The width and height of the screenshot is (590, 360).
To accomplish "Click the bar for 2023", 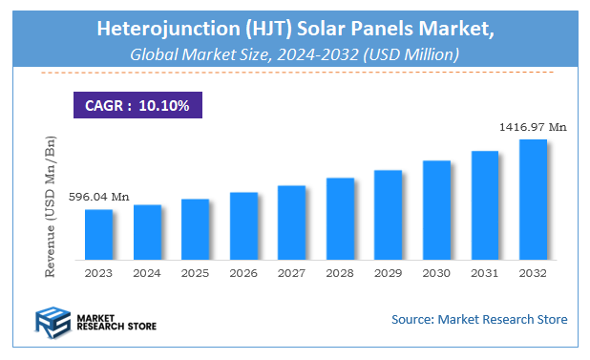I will (98, 234).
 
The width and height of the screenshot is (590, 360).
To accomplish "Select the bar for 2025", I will (195, 229).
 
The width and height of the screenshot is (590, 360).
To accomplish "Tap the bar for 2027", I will (291, 222).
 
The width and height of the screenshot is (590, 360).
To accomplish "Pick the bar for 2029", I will (388, 215).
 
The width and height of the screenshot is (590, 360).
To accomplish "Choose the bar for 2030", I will (436, 210).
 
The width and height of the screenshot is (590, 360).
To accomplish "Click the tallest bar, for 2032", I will (533, 200).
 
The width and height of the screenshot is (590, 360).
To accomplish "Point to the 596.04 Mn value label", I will (98, 197).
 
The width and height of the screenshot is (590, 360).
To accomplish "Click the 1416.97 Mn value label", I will (532, 126).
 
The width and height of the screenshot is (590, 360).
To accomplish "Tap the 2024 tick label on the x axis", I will (147, 272).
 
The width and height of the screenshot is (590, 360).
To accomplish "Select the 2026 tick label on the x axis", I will (243, 272).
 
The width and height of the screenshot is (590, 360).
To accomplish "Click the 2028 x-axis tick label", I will (340, 272).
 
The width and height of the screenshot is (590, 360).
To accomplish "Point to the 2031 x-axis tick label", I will (485, 272).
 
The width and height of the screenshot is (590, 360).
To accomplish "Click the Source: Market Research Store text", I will (479, 319).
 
